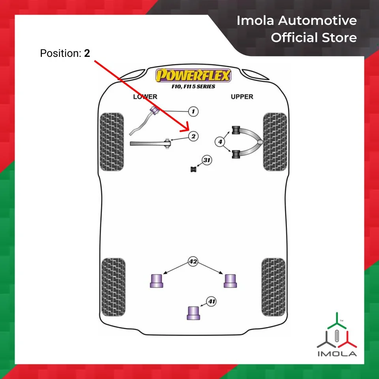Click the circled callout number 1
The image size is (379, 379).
click(193, 112)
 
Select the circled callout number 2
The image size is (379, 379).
click(193, 137)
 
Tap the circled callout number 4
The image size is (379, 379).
click(220, 141)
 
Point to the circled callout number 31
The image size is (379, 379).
click(207, 160)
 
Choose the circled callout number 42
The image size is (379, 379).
click(193, 262)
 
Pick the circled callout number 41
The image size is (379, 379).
click(212, 302)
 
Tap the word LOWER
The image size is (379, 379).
click(145, 97)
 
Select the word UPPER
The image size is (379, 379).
click(242, 97)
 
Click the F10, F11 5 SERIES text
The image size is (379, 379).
click(193, 86)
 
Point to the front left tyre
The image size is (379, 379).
click(112, 142)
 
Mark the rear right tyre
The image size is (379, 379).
click(273, 287)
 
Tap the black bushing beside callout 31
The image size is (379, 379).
click(193, 169)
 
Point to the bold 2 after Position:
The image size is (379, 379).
click(87, 53)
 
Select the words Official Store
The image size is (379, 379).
click(314, 38)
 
